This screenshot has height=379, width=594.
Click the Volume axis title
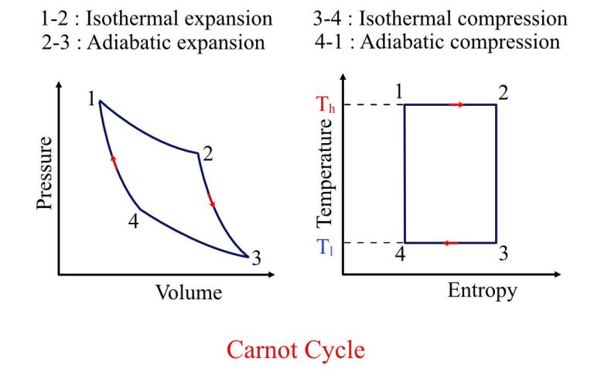tap(189, 292)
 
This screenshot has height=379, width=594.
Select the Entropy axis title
tap(482, 291)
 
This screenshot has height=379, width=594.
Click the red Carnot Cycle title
tap(295, 350)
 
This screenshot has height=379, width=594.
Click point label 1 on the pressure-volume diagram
tap(91, 99)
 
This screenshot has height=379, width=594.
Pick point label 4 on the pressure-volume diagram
tap(134, 221)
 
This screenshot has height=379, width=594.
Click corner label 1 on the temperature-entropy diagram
tap(399, 93)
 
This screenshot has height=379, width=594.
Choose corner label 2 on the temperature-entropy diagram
tap(503, 93)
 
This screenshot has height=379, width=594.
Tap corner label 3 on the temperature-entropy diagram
tap(503, 254)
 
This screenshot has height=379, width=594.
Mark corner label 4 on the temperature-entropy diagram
tap(399, 254)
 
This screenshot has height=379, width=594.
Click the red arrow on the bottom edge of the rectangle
tap(450, 243)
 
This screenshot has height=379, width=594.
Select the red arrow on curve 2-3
tap(211, 202)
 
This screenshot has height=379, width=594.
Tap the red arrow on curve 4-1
tap(114, 162)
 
